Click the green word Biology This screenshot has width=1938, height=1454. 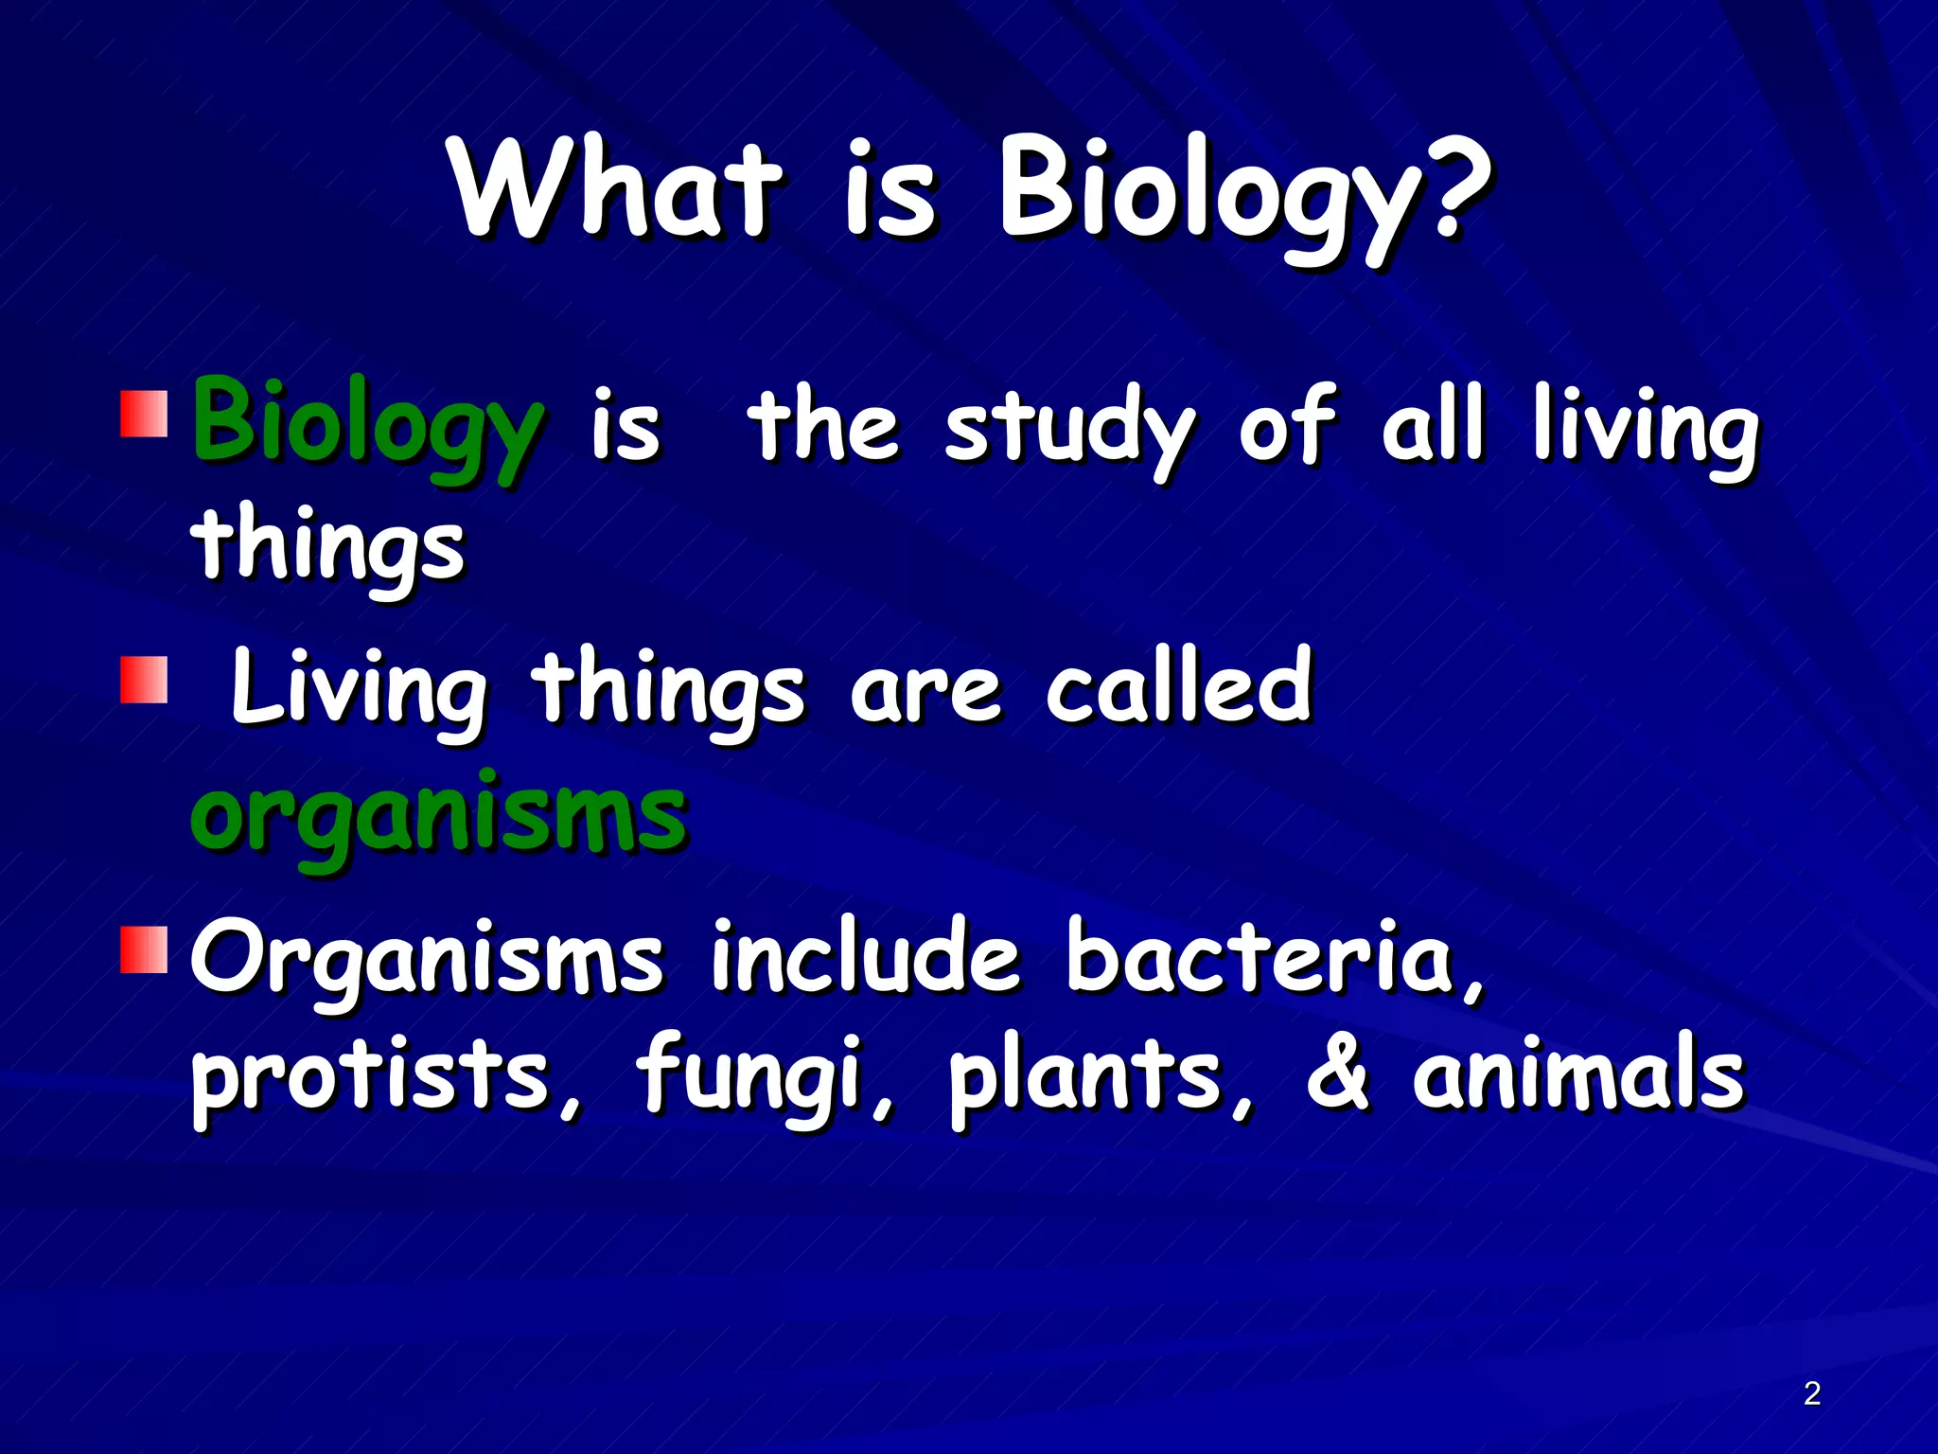pyautogui.click(x=367, y=426)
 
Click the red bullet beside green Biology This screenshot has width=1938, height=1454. pyautogui.click(x=144, y=413)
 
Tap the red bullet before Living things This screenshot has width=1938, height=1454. pyautogui.click(x=144, y=681)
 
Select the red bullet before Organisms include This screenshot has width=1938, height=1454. pyautogui.click(x=144, y=949)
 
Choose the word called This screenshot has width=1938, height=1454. pyautogui.click(x=1178, y=684)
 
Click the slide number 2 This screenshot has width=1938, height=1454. pyautogui.click(x=1811, y=1392)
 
